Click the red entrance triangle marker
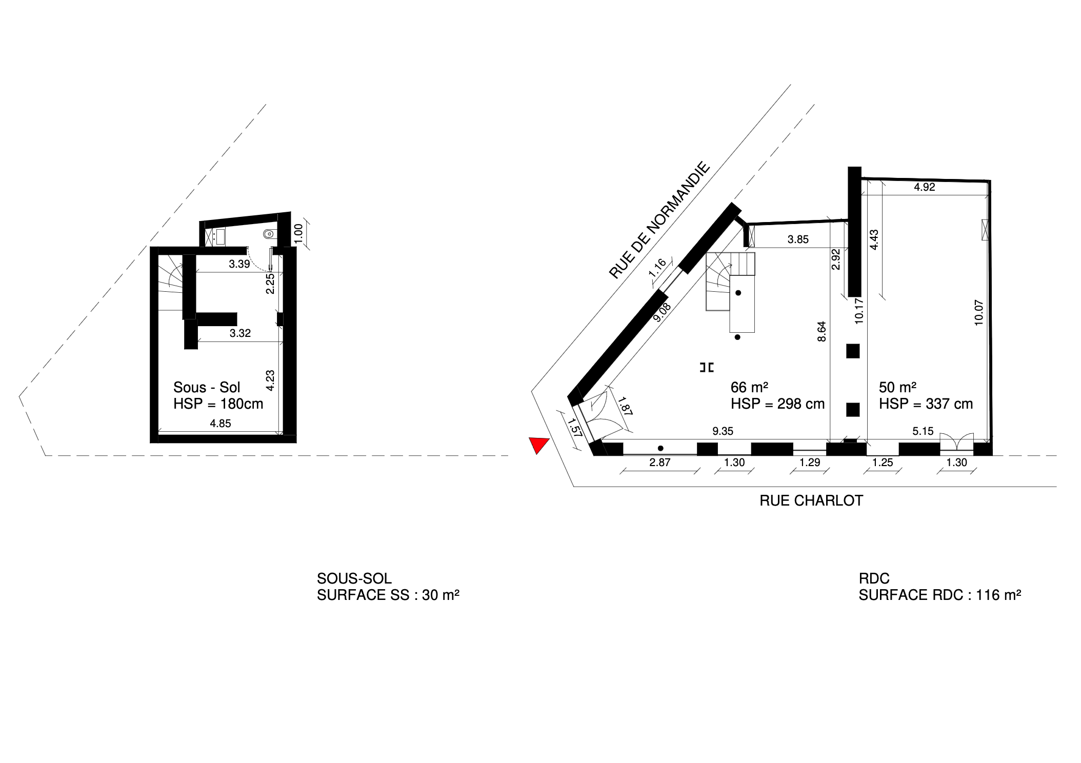click(x=538, y=444)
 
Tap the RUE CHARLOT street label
click(x=811, y=501)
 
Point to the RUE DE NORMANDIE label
click(x=659, y=220)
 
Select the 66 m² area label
click(x=749, y=387)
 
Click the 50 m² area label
click(x=897, y=387)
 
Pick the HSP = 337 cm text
click(x=926, y=404)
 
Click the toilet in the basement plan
click(x=268, y=234)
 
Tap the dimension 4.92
click(x=925, y=187)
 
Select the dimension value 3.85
click(x=798, y=239)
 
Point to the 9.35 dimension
click(x=723, y=432)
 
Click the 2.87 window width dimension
click(x=660, y=463)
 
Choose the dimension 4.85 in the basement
click(x=221, y=424)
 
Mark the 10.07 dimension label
click(x=979, y=313)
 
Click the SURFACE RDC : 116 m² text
click(x=940, y=595)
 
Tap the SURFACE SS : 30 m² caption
click(x=388, y=595)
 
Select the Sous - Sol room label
click(x=207, y=387)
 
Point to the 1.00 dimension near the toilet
click(x=298, y=233)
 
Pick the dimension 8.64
click(x=822, y=331)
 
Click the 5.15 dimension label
click(x=923, y=432)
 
